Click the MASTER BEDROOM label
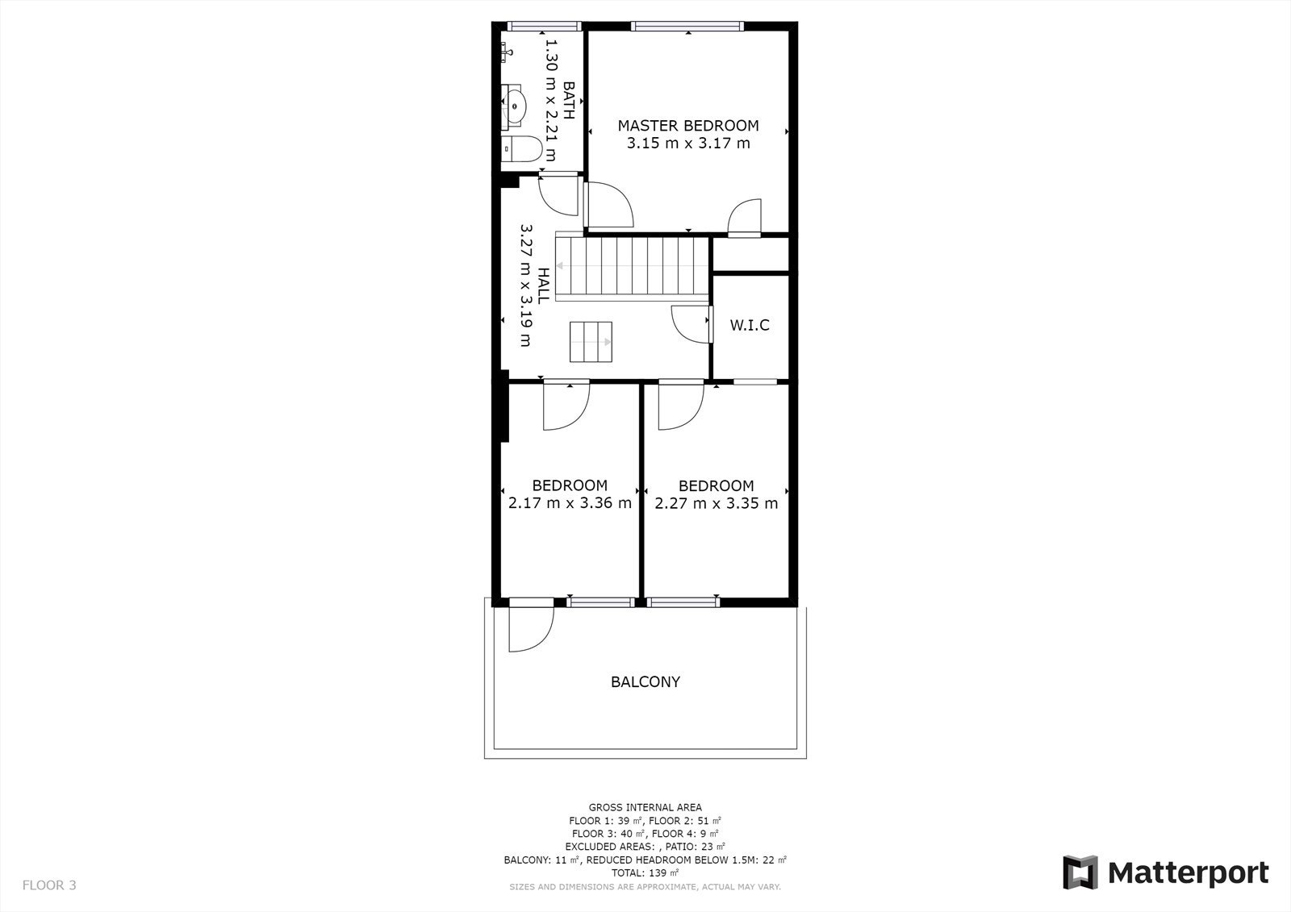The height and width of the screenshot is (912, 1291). point(687,126)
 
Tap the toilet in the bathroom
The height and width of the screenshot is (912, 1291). point(520,150)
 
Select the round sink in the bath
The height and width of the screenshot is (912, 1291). point(514,105)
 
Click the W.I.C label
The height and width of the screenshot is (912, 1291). point(750,326)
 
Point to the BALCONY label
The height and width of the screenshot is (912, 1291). point(645,682)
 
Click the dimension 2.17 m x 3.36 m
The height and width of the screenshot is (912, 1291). point(570,504)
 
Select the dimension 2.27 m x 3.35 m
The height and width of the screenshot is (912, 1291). point(716,504)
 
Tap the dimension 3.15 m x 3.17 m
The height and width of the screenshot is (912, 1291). point(687,144)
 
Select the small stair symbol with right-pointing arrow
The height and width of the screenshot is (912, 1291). point(591,342)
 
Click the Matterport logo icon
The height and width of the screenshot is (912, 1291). point(1080,872)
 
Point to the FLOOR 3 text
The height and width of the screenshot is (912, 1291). point(49,885)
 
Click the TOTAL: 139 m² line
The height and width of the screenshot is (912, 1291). point(645,872)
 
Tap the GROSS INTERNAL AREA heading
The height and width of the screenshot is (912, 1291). point(645,807)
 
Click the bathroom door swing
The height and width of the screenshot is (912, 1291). point(558,195)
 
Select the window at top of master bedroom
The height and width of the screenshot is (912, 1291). point(687,27)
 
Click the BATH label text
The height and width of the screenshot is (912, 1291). point(569,101)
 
